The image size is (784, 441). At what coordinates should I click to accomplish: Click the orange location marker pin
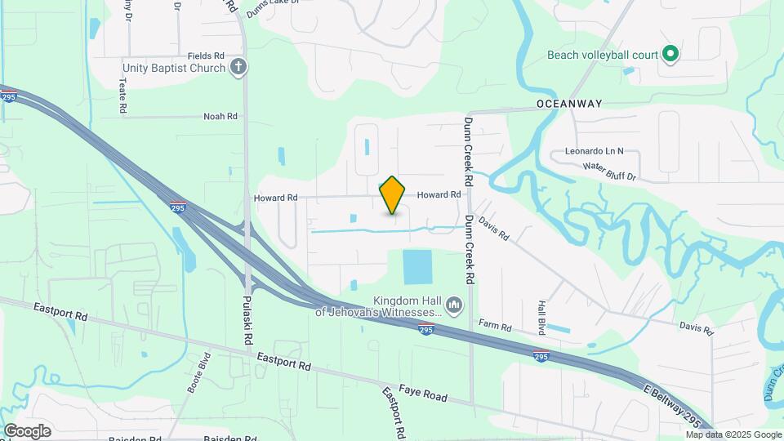(393, 194)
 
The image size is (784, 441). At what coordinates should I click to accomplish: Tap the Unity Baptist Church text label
(173, 68)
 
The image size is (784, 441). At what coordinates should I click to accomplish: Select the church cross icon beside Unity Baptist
(238, 67)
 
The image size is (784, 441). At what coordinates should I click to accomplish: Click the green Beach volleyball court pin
(670, 55)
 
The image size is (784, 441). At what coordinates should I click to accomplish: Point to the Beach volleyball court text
(603, 56)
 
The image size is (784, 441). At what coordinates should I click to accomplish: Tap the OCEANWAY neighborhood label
(569, 104)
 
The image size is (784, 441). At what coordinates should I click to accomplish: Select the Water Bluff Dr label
(608, 170)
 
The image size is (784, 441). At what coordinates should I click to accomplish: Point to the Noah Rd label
(220, 117)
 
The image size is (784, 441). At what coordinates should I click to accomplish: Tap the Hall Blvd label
(541, 315)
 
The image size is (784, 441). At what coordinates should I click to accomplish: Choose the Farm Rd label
(495, 327)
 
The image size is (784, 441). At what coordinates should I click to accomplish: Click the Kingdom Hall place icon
(456, 305)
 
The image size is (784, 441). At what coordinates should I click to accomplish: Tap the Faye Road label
(423, 395)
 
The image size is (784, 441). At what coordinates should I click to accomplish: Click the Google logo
(27, 430)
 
